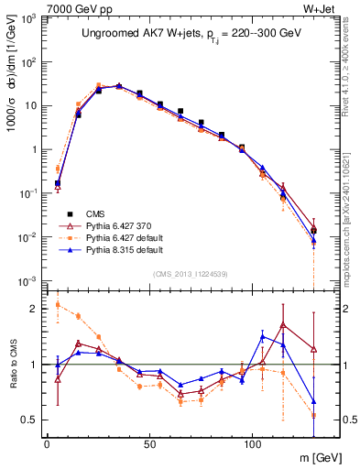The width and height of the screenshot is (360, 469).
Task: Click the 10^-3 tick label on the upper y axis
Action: pos(28,280)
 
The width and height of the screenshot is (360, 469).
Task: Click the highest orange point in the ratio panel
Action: pos(58,304)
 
